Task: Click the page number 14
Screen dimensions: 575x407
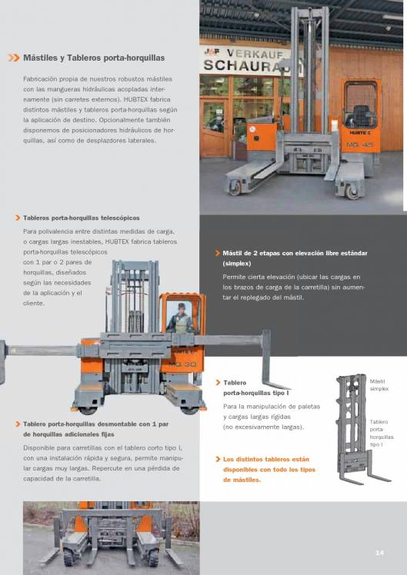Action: tap(379, 553)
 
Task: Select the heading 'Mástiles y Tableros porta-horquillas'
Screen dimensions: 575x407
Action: tap(94, 58)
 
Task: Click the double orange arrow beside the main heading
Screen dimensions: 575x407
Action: tap(13, 58)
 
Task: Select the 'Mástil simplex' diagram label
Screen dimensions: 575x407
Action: tap(379, 385)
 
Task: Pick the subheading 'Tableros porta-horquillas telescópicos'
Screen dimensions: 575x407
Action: tap(82, 218)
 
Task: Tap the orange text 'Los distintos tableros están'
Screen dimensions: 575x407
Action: tap(265, 459)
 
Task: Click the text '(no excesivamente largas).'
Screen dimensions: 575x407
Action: tap(263, 427)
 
